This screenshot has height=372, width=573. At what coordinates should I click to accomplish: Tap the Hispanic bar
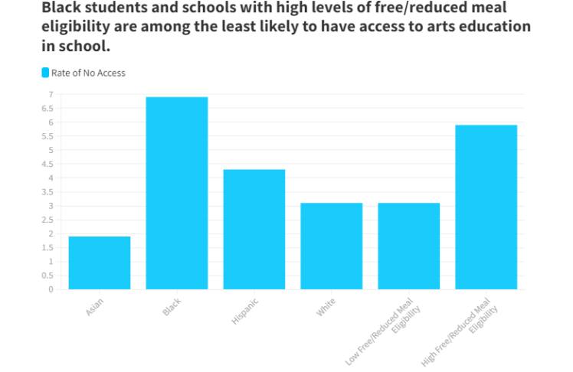254,229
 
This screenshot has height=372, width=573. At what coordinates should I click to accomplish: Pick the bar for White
331,246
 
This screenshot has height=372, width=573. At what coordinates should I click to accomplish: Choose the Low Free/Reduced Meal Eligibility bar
408,246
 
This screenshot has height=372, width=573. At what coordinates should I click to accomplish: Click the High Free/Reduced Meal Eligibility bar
486,207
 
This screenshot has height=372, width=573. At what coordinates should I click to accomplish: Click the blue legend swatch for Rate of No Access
45,73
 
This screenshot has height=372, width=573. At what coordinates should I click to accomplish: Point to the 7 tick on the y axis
51,94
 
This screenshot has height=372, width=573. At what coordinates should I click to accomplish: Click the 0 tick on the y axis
51,289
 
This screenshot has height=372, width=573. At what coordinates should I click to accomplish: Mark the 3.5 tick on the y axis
48,192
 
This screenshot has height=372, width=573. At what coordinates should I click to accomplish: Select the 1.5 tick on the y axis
48,247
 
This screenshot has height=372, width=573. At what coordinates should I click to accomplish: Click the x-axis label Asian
95,307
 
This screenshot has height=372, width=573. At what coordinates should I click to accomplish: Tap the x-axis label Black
172,307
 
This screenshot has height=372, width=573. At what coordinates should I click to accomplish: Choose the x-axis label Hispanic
245,312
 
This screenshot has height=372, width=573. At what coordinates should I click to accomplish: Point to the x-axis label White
326,308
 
